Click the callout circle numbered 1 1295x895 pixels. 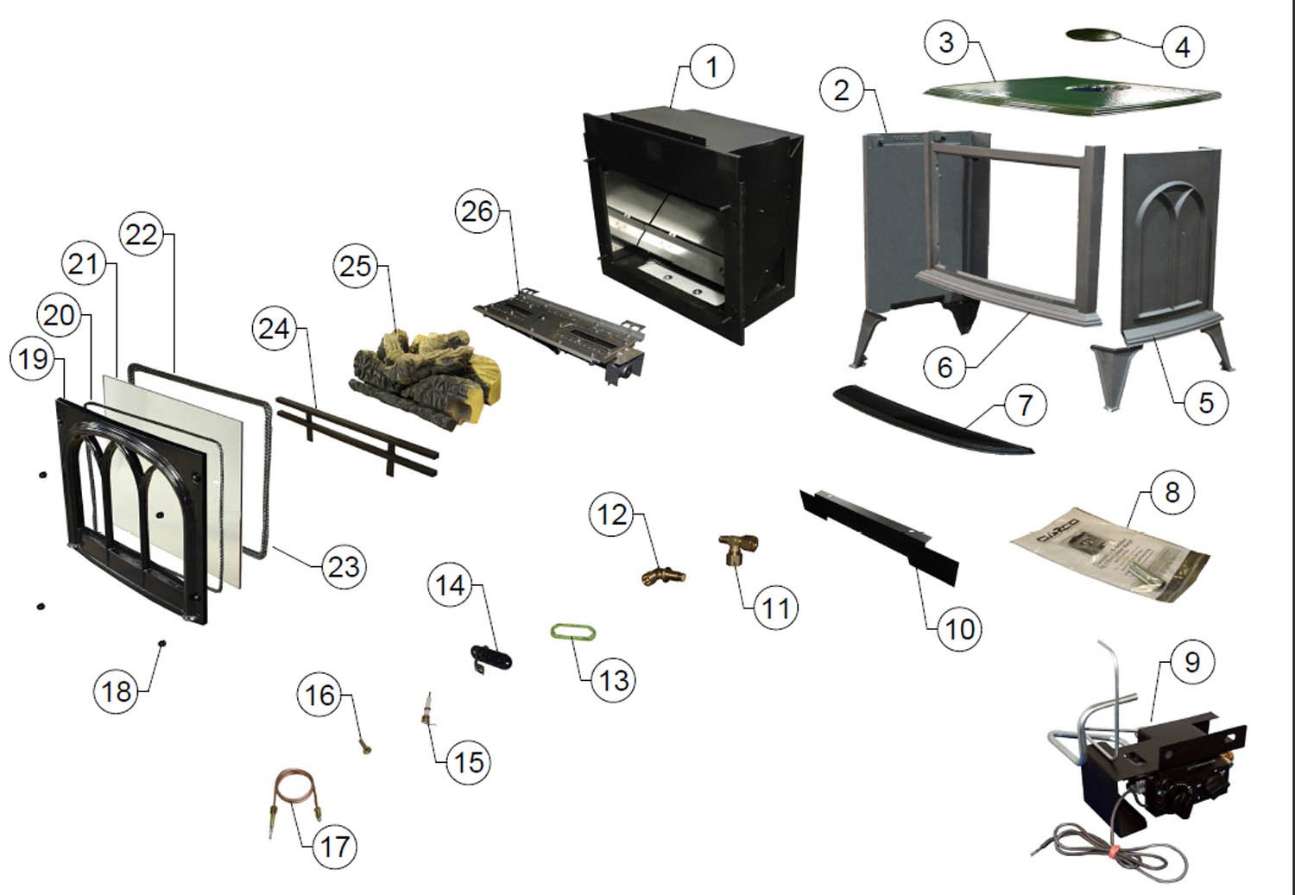point(711,66)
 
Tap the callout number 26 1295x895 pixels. point(477,211)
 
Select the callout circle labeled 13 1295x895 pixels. point(613,679)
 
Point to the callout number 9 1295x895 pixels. point(1192,662)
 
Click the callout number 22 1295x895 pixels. point(142,234)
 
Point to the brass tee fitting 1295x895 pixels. point(739,548)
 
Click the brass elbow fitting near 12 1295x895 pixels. point(663,574)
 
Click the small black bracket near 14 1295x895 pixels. point(490,659)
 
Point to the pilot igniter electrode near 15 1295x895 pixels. point(427,713)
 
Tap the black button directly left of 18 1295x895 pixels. point(161,643)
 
